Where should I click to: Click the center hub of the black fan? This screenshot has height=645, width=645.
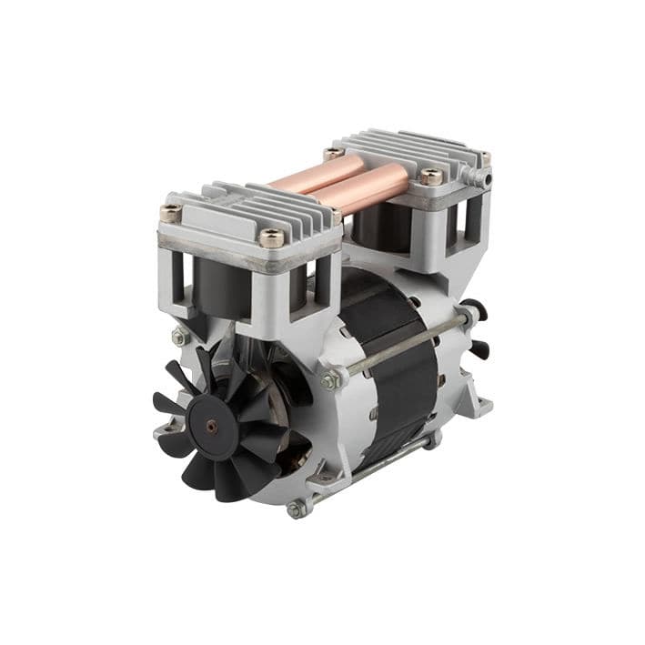coord(212,425)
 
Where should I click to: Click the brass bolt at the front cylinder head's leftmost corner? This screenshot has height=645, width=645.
coord(170,213)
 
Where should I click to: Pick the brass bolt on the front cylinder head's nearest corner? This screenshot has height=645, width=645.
coord(270,237)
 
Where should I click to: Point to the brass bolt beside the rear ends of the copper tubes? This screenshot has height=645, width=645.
coord(334,155)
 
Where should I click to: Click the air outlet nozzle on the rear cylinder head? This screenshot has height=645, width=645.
coord(487,179)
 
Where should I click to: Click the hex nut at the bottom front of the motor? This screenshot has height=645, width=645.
coord(296,510)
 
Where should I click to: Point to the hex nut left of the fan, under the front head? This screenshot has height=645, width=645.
coord(179,337)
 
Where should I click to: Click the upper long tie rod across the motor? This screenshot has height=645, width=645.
coord(400,348)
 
